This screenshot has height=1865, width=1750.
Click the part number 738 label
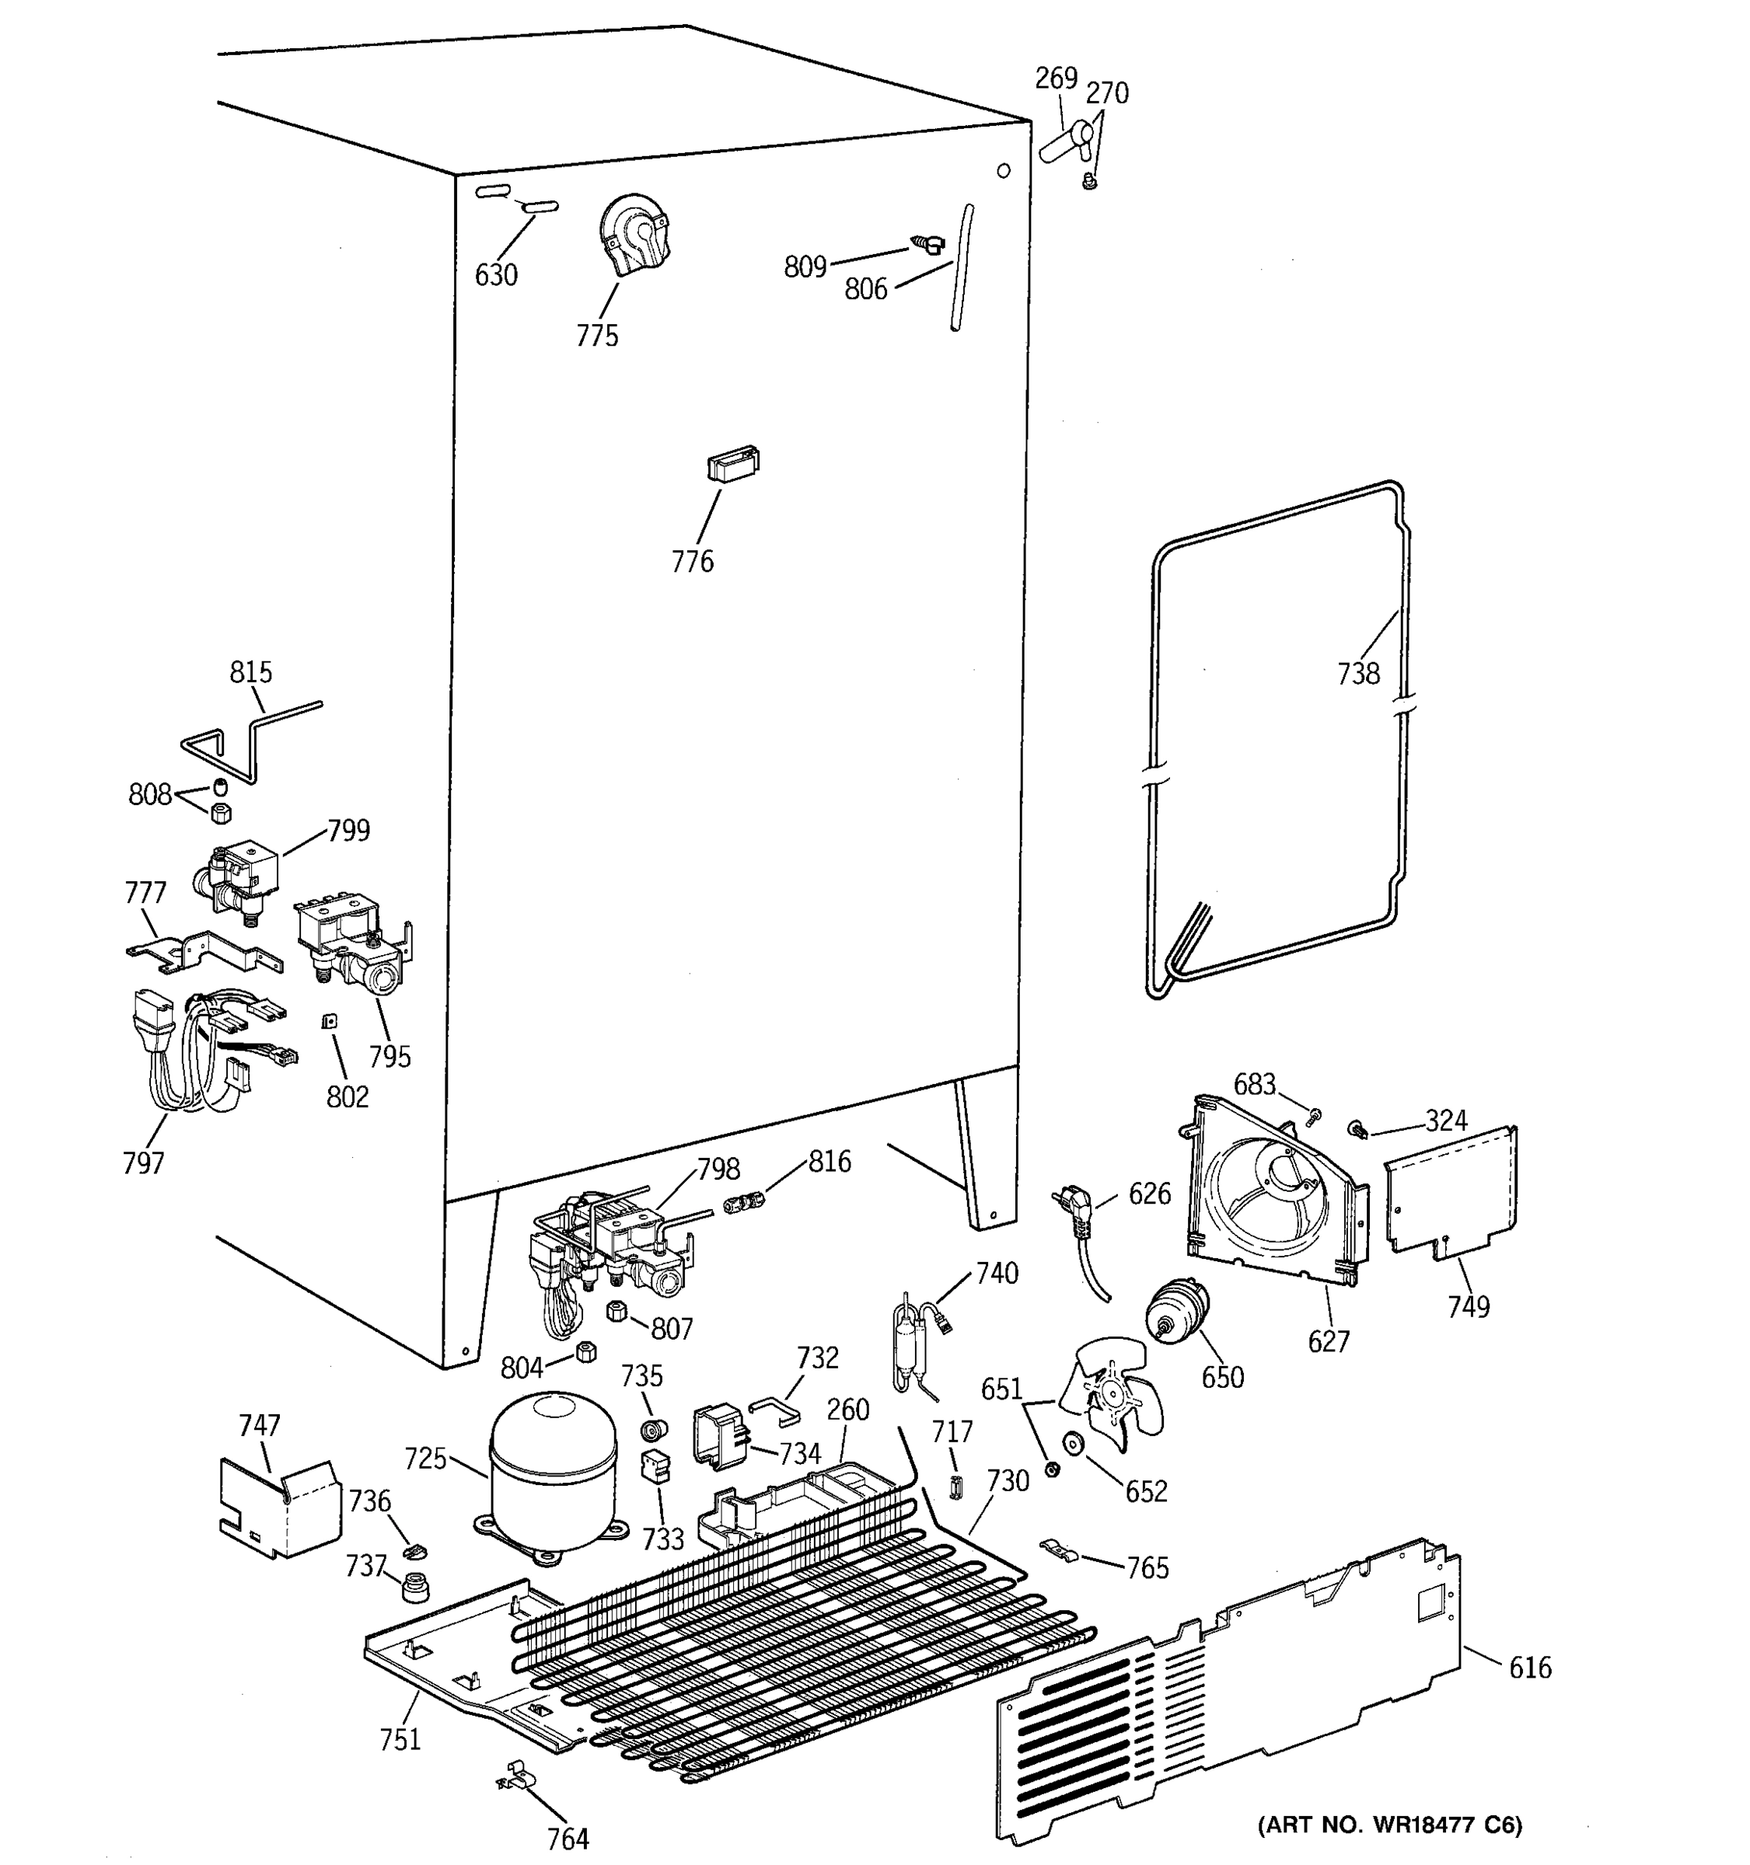(x=1357, y=674)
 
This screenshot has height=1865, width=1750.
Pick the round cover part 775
(x=634, y=232)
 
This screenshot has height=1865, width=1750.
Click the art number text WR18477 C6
(x=1388, y=1825)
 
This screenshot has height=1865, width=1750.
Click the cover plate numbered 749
(x=1451, y=1191)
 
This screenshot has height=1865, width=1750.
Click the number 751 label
(x=400, y=1739)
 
